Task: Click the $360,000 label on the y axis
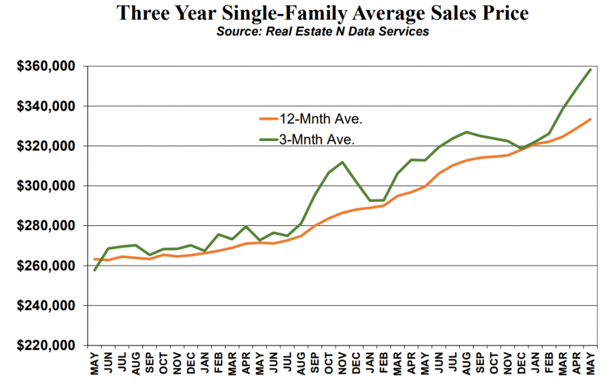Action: point(45,66)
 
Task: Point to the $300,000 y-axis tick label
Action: point(45,186)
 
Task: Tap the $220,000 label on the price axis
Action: point(45,345)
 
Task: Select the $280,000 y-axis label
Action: point(45,226)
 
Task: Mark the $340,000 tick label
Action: point(45,106)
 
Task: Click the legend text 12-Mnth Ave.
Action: point(320,119)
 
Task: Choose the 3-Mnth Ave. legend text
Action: point(317,139)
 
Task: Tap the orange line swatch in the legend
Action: point(269,118)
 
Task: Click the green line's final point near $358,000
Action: point(590,69)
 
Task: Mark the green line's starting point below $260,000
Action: point(95,270)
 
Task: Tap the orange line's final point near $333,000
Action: point(590,120)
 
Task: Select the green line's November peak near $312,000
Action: point(342,162)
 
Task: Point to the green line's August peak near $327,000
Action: point(467,132)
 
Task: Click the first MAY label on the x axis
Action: point(95,364)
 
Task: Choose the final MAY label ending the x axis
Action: point(590,364)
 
